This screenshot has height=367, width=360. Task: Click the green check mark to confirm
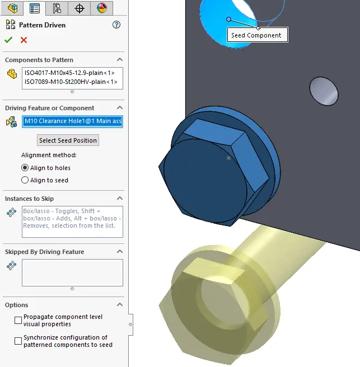pyautogui.click(x=8, y=40)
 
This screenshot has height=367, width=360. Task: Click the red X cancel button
pyautogui.click(x=24, y=40)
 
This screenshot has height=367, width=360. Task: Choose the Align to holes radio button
pyautogui.click(x=25, y=168)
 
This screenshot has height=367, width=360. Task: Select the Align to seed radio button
pyautogui.click(x=25, y=180)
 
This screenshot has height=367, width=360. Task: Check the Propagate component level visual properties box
pyautogui.click(x=18, y=320)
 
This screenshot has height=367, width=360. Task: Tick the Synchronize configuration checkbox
pyautogui.click(x=18, y=341)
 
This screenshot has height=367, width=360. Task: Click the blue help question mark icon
pyautogui.click(x=116, y=25)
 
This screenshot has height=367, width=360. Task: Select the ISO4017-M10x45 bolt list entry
pyautogui.click(x=69, y=73)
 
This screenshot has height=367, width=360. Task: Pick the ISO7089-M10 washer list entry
pyautogui.click(x=70, y=82)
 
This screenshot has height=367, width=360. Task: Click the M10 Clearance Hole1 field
pyautogui.click(x=72, y=121)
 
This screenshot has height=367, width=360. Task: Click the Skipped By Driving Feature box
pyautogui.click(x=72, y=272)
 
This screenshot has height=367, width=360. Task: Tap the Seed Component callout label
pyautogui.click(x=256, y=35)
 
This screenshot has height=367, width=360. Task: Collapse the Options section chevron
pyautogui.click(x=120, y=305)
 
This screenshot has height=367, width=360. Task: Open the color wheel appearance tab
pyautogui.click(x=101, y=8)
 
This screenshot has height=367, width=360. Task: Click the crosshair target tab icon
pyautogui.click(x=79, y=8)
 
